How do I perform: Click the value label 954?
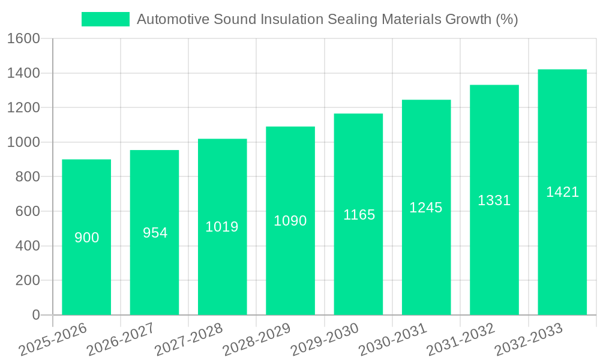tap(155, 233)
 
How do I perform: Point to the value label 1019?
tap(222, 227)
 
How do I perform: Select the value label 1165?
tap(359, 215)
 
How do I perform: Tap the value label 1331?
tap(494, 200)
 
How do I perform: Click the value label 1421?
tap(562, 192)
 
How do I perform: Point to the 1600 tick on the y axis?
tap(23, 39)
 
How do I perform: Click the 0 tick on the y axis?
tap(35, 315)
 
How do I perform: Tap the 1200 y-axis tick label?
tap(23, 108)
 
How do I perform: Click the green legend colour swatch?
tap(106, 19)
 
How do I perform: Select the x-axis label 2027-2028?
tap(189, 340)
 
